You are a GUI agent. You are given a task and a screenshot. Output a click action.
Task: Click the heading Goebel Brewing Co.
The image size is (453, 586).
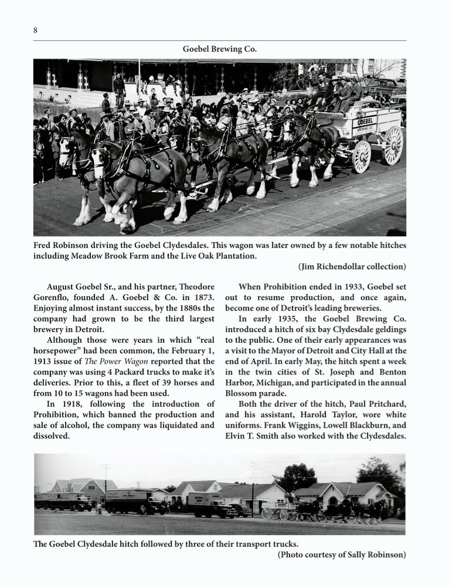[220, 49]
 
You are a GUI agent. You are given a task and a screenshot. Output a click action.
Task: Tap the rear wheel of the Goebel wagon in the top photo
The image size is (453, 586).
[392, 145]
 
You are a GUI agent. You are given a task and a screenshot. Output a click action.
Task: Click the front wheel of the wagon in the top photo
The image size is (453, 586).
[361, 156]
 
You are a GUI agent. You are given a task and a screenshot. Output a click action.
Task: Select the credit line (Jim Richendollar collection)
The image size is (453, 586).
[352, 267]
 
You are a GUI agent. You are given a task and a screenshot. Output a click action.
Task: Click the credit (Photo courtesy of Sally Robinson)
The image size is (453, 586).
[342, 554]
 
